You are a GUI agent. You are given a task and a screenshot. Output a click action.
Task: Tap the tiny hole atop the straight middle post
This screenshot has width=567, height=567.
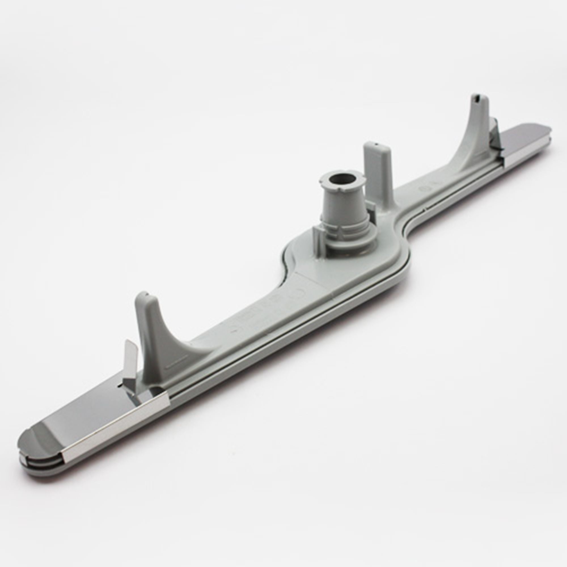coord(376,144)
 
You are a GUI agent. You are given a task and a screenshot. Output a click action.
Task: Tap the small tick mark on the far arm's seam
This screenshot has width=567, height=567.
coord(424,210)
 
